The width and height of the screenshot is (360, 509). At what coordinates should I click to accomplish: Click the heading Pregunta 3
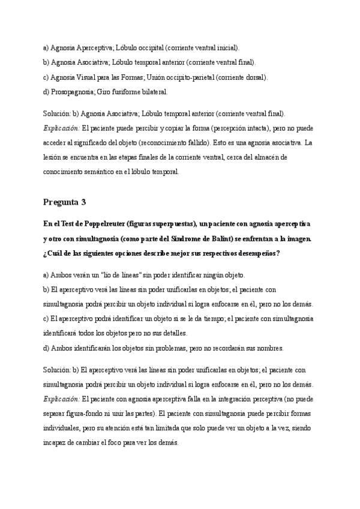point(65,201)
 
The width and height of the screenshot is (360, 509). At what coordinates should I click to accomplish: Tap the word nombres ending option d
point(272,348)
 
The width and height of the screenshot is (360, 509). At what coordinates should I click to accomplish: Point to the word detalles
point(175,333)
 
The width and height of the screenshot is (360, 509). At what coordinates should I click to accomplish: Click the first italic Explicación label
point(61,128)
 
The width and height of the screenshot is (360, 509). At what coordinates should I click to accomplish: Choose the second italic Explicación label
point(61,399)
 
